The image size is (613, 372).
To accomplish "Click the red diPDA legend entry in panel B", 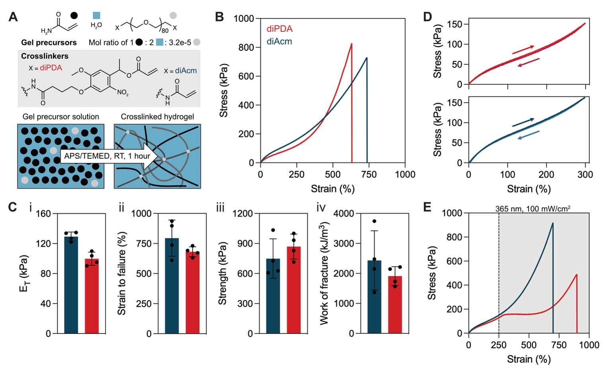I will (x=279, y=29).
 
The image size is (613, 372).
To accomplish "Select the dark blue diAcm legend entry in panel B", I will (x=279, y=41).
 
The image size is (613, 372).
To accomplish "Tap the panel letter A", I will (x=13, y=17).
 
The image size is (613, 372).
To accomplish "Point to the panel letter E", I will (x=428, y=208).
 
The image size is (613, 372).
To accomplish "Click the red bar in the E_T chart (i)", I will (x=92, y=296).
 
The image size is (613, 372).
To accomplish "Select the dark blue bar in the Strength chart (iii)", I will (x=273, y=296).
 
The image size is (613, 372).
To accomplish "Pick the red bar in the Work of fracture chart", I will (x=395, y=305).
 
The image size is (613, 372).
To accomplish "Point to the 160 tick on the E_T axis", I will (x=44, y=214).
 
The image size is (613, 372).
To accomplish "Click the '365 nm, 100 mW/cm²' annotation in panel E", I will (x=533, y=208).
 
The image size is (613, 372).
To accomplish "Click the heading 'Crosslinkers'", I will (x=45, y=56).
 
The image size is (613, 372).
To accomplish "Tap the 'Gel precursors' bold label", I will (x=49, y=43).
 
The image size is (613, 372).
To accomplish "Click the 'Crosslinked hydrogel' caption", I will (x=157, y=117).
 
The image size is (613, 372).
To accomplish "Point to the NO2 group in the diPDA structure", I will (x=123, y=92).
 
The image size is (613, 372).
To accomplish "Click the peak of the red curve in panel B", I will (x=351, y=44).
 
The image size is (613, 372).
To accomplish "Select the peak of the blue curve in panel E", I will (x=552, y=223).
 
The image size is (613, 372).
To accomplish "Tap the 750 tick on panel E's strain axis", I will (x=559, y=345).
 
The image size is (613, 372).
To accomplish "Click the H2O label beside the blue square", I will (x=96, y=25).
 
